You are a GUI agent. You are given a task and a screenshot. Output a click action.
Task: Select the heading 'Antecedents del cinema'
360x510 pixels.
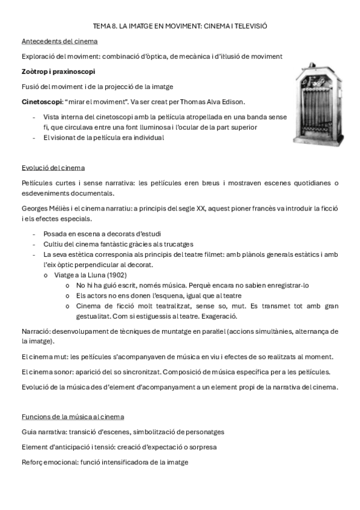coord(59,41)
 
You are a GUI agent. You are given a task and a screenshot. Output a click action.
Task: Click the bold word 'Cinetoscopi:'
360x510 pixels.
coord(40,101)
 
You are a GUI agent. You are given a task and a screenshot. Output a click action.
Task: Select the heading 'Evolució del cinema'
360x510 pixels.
coord(53,167)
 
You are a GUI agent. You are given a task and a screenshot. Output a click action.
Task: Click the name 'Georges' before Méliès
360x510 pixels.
coord(35,208)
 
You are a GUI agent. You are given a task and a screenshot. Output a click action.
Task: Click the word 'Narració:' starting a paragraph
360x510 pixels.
coord(35,331)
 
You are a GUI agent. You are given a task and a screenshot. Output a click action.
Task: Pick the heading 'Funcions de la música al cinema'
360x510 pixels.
coord(73,416)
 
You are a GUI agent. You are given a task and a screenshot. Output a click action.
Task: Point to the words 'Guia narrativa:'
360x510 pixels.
coord(45,432)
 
